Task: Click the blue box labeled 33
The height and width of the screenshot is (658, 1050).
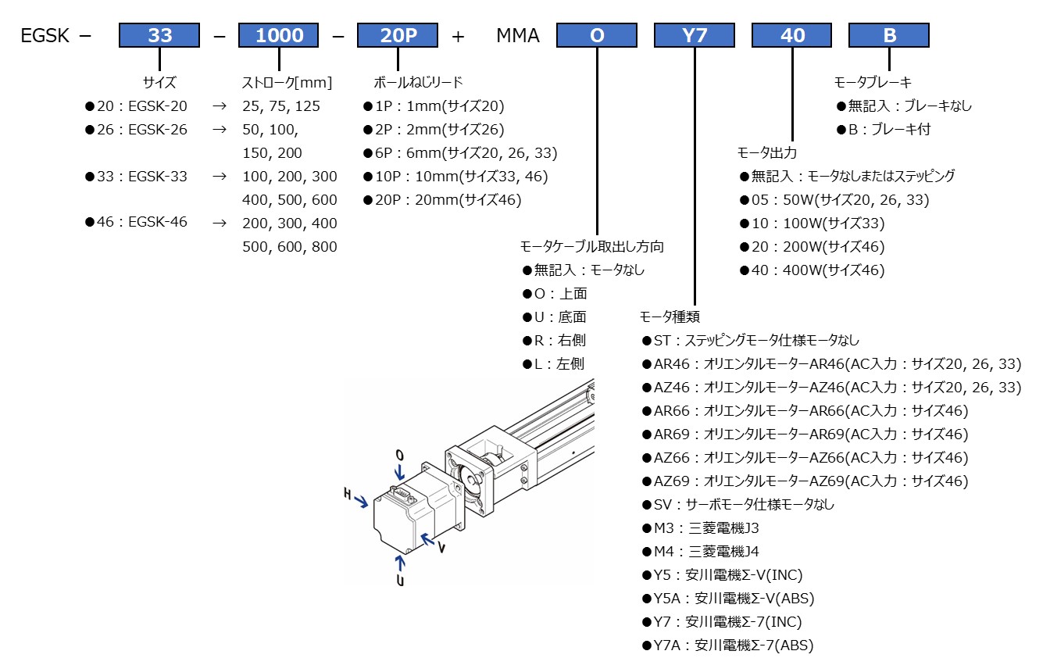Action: click(x=159, y=35)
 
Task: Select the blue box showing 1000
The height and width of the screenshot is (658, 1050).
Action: click(x=279, y=35)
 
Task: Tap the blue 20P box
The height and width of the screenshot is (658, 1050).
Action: click(x=397, y=35)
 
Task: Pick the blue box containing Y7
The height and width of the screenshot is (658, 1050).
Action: click(x=695, y=35)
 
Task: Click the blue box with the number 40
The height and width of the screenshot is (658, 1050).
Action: click(x=791, y=35)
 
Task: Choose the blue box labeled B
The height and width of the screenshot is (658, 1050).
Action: click(x=889, y=35)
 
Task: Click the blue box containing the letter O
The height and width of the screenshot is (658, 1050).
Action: click(x=597, y=35)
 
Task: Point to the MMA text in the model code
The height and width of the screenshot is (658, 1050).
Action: click(x=518, y=36)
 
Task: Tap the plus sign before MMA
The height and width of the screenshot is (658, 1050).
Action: click(x=458, y=36)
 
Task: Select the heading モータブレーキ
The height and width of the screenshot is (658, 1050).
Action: click(x=873, y=82)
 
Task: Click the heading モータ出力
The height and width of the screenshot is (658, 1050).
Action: click(x=767, y=153)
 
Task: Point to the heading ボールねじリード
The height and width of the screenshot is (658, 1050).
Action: click(x=418, y=82)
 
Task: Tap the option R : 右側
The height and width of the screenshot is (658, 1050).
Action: click(x=554, y=341)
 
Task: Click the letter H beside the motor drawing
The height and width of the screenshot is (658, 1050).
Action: click(x=348, y=493)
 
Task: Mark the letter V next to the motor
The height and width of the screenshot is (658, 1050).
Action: click(x=441, y=548)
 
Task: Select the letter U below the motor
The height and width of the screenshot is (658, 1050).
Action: click(x=400, y=581)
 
